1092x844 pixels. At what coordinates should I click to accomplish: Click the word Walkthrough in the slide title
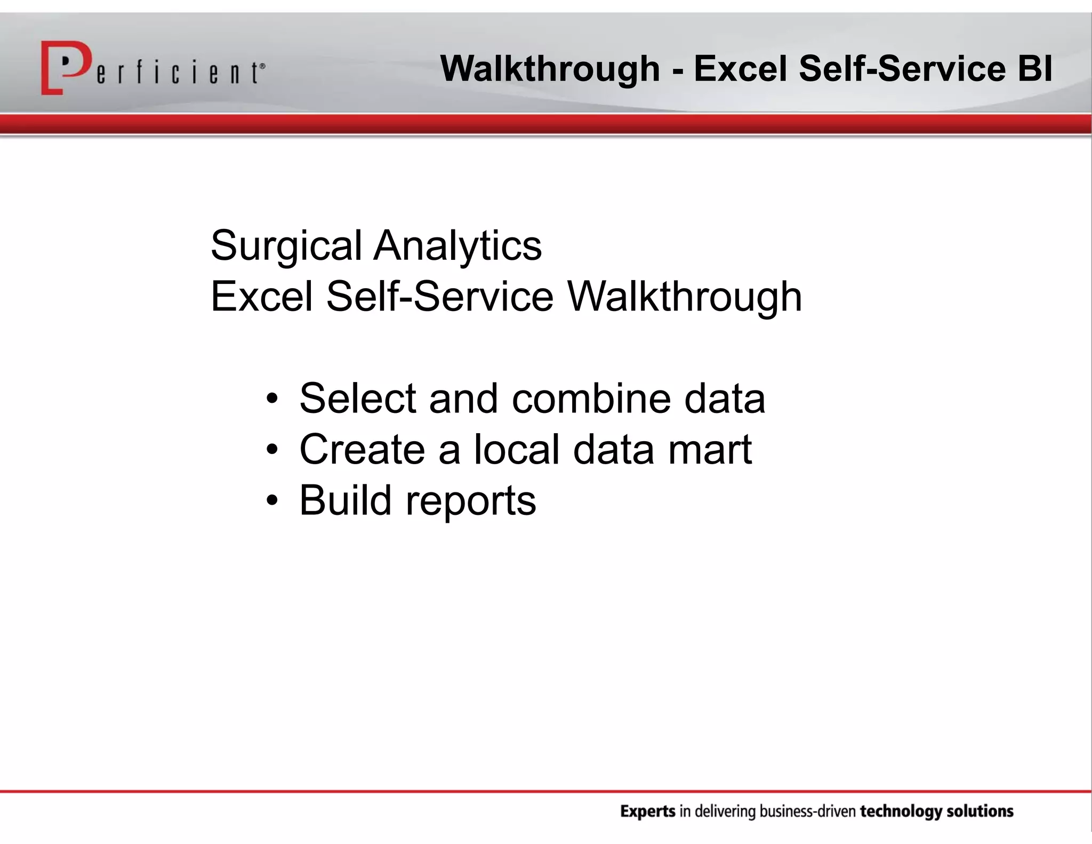550,69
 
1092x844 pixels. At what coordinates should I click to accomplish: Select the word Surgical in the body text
286,246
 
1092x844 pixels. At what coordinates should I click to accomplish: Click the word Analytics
457,246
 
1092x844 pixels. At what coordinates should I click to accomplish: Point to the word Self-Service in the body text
440,297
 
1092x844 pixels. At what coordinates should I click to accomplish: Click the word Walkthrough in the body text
684,297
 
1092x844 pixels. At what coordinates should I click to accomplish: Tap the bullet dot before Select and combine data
272,399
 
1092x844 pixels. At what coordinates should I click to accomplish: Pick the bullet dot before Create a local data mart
272,449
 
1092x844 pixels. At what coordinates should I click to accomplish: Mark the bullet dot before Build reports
272,500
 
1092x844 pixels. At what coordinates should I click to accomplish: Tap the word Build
346,500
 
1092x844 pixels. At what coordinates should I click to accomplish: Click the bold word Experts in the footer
648,812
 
